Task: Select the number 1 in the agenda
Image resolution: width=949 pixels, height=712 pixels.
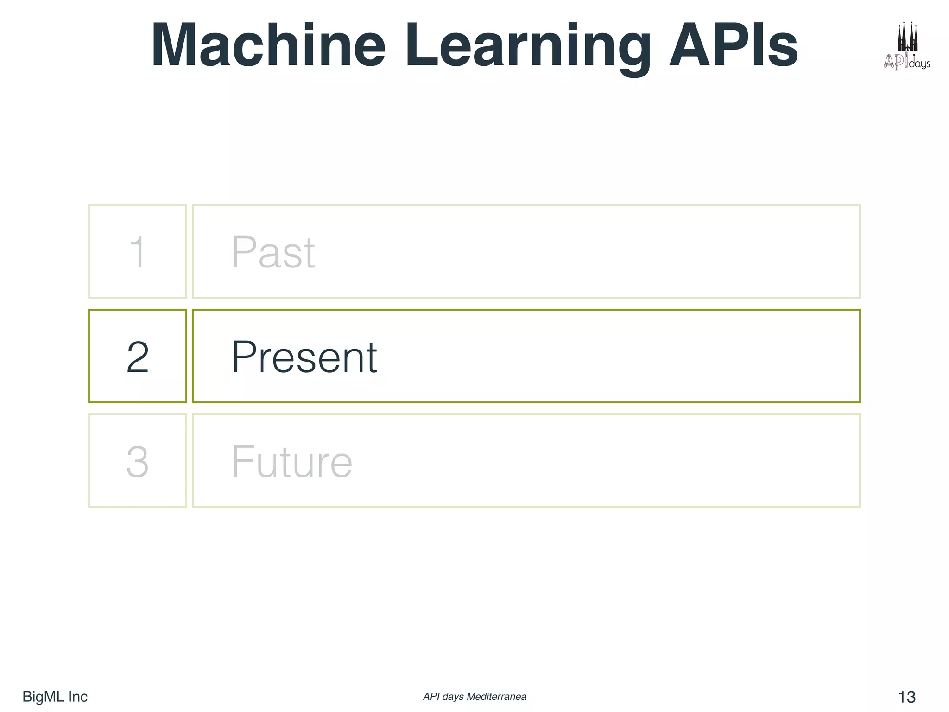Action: click(138, 252)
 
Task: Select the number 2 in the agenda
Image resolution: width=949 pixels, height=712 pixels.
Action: click(138, 356)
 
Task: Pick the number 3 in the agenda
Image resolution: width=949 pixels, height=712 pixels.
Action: click(138, 461)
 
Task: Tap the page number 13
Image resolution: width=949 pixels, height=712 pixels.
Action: click(906, 697)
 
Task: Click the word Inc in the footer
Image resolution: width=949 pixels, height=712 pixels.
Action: click(77, 696)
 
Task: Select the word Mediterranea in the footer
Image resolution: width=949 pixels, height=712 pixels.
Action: click(496, 697)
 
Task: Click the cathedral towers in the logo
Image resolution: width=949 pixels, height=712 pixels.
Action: click(907, 37)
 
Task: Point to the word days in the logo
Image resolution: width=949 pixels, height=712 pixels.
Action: click(919, 64)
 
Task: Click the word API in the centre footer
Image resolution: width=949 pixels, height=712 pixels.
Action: click(431, 697)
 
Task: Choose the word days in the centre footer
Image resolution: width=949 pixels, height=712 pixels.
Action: click(453, 697)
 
